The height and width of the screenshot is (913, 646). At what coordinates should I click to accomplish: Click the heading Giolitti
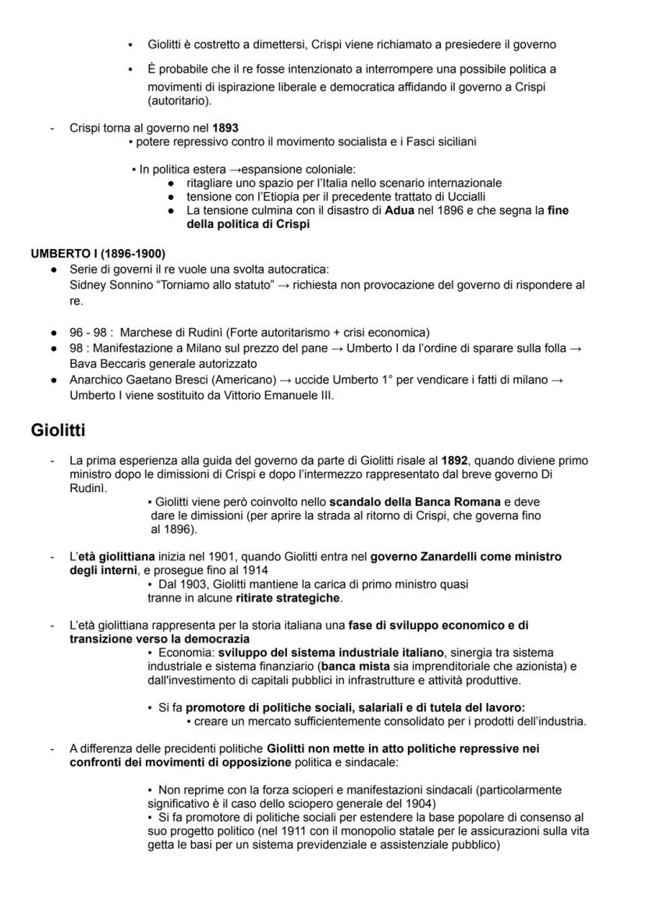point(58,430)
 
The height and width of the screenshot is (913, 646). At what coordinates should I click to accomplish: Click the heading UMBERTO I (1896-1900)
point(98,254)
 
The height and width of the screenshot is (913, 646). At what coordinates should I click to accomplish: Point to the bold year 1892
point(455,461)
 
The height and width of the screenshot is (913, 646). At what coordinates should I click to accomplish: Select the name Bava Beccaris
point(106,365)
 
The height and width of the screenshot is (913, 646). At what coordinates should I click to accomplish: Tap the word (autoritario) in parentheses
point(180,102)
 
